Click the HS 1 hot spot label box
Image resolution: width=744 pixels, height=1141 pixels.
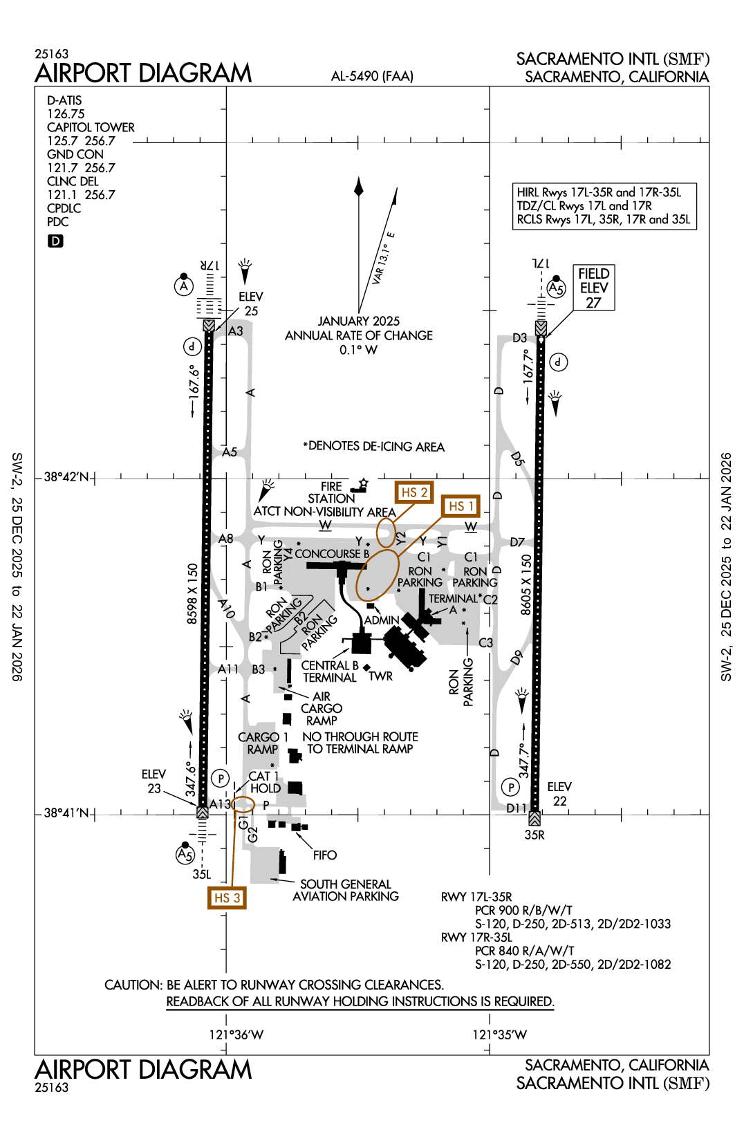click(x=461, y=506)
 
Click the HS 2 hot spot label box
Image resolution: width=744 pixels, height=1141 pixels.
click(x=414, y=492)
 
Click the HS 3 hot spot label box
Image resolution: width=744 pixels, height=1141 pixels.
click(x=227, y=898)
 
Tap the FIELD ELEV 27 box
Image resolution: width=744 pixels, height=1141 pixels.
click(x=594, y=288)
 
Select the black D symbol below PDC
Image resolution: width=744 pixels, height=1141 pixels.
click(x=55, y=241)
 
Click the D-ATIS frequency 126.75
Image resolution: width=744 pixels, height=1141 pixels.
click(x=66, y=113)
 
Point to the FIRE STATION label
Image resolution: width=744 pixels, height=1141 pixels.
click(x=331, y=492)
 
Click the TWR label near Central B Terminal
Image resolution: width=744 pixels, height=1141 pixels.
click(x=380, y=676)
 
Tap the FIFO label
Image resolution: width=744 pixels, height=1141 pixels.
click(x=324, y=855)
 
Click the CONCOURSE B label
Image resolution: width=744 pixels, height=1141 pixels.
click(x=332, y=554)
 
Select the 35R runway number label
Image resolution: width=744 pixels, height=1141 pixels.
click(x=534, y=835)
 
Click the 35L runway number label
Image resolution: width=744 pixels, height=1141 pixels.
click(x=201, y=874)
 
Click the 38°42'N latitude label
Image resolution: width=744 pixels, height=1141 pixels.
click(x=66, y=477)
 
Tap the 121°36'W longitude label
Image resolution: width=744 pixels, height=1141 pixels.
click(x=236, y=1035)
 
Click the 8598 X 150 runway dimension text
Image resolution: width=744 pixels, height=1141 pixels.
click(x=192, y=593)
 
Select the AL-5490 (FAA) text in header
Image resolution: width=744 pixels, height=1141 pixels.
click(x=372, y=76)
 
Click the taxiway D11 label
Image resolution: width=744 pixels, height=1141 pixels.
click(x=516, y=808)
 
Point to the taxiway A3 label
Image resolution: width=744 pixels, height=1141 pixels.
click(x=236, y=331)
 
